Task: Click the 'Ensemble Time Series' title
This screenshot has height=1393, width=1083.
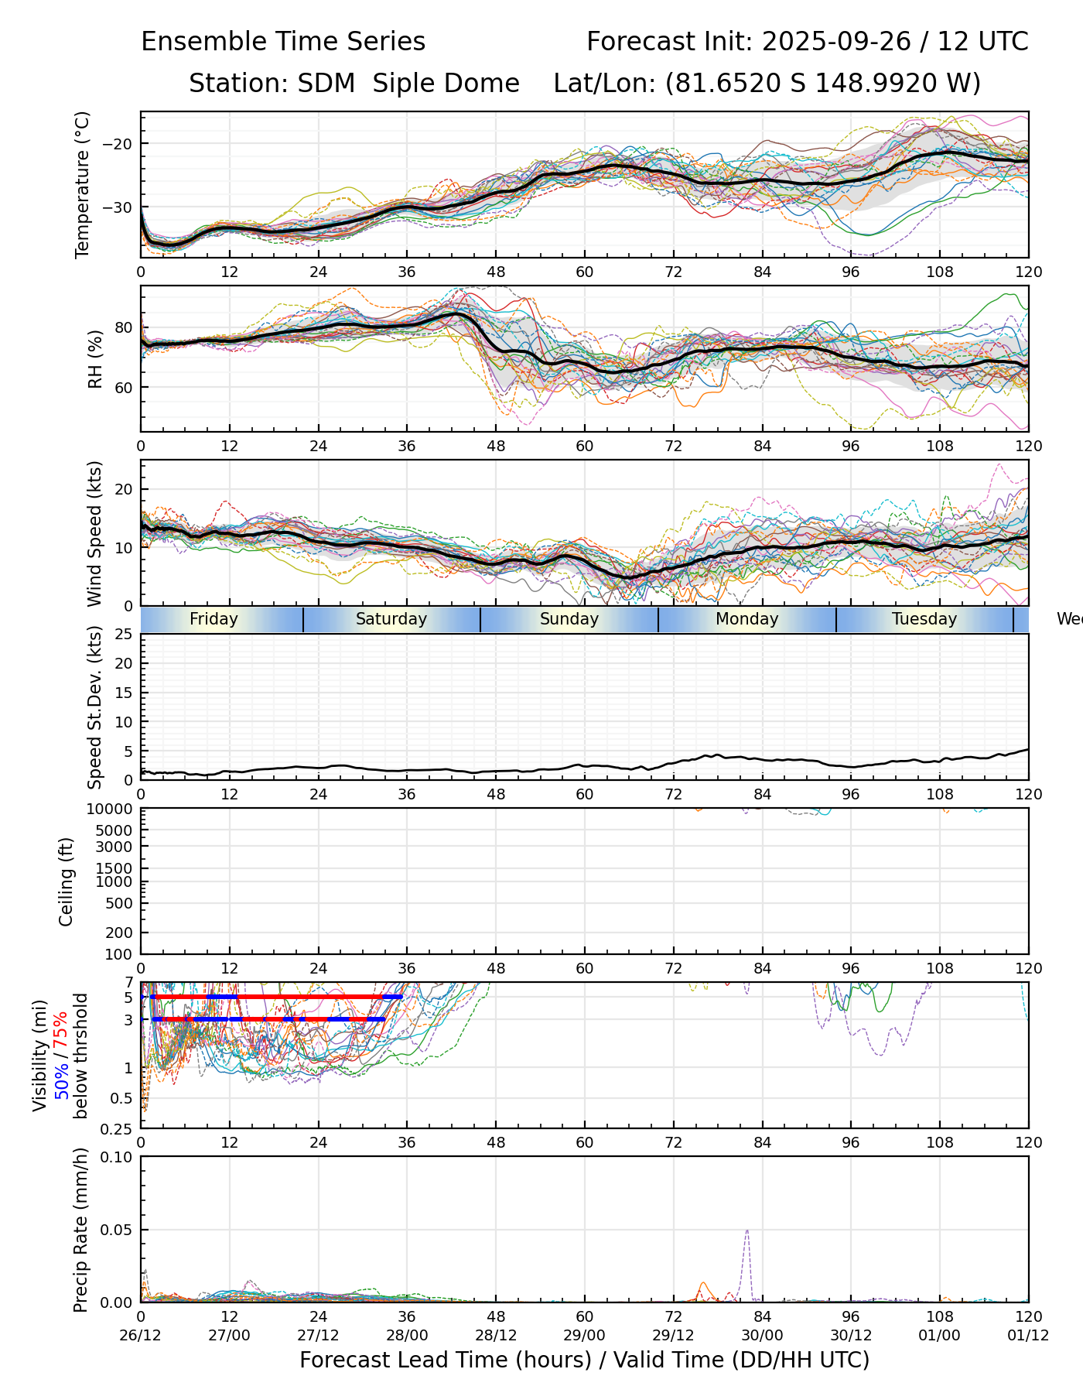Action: click(283, 42)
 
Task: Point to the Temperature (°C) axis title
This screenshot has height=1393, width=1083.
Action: click(83, 184)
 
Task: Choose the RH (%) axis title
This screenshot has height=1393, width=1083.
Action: click(95, 359)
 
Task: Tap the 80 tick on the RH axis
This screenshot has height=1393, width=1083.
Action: click(124, 327)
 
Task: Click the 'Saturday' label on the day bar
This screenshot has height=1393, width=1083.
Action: click(391, 619)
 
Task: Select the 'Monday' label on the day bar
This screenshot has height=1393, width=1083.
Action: click(746, 619)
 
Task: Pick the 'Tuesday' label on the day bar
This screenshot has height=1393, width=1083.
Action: click(924, 619)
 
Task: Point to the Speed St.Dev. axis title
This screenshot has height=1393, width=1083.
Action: click(95, 707)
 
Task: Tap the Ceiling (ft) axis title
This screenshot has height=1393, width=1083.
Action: click(67, 881)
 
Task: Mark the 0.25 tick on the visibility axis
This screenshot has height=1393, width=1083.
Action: click(118, 1128)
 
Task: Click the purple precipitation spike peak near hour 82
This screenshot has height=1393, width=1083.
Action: click(746, 1230)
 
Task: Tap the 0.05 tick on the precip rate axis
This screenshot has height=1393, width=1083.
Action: click(116, 1230)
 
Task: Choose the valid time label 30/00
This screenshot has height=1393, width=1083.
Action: click(762, 1336)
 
